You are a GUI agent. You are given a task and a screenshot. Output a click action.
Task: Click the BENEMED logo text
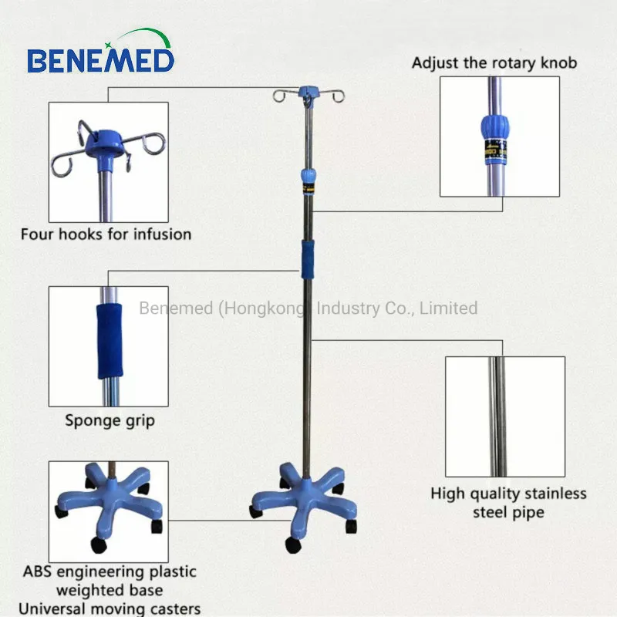(101, 60)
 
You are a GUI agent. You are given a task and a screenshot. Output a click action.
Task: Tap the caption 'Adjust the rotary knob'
(494, 63)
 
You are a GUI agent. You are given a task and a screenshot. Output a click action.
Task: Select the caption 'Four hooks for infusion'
(106, 234)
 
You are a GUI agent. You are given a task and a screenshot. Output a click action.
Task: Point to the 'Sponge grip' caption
(110, 421)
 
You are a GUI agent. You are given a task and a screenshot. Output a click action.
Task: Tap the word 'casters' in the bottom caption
(176, 609)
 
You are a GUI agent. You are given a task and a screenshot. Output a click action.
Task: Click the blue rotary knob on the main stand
(308, 175)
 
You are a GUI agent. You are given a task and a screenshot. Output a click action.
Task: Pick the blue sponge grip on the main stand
(308, 260)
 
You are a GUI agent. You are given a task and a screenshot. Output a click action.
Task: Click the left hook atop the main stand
(280, 96)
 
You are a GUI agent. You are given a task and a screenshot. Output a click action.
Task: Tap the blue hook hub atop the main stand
(309, 93)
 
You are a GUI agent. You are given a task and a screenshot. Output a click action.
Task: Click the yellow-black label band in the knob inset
(495, 151)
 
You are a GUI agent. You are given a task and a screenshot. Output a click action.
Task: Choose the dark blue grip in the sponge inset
(110, 341)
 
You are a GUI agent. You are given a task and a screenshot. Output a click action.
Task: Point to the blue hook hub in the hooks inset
(106, 143)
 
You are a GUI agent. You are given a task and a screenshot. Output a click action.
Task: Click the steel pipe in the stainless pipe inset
(497, 416)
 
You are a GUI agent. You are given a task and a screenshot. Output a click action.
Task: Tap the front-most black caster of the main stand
(293, 545)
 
